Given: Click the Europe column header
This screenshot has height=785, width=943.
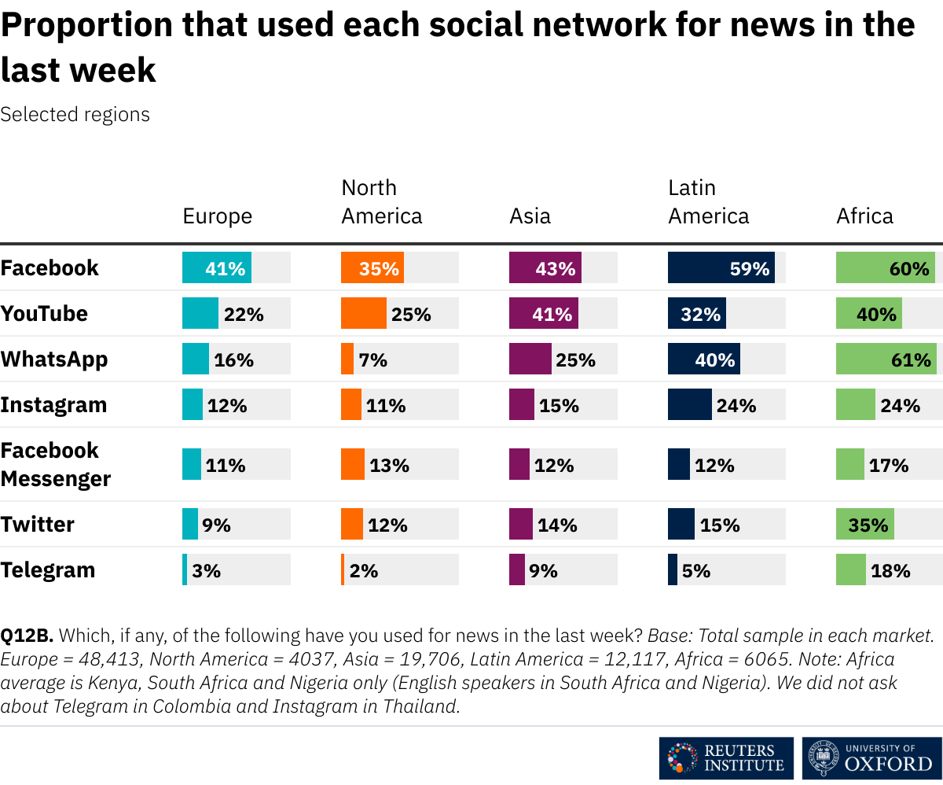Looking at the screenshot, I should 218,216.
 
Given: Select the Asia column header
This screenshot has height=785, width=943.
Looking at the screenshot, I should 530,216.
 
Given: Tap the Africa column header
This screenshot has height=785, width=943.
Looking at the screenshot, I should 864,216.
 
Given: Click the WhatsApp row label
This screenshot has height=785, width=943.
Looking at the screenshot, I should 54,359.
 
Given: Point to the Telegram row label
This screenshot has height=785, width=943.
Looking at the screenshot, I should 48,570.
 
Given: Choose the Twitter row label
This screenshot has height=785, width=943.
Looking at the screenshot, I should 38,525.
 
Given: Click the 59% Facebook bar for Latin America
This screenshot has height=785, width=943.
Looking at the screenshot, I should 721,268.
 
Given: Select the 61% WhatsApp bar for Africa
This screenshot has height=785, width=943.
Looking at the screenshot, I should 886,359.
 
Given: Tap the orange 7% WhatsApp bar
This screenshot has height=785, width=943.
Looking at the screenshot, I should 347,359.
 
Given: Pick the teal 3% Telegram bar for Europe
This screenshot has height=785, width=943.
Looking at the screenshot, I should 185,570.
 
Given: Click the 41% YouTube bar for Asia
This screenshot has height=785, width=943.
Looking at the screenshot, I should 543,314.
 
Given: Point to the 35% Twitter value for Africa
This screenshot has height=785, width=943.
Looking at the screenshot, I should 868,525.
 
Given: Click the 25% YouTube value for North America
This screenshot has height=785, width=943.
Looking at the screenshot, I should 412,315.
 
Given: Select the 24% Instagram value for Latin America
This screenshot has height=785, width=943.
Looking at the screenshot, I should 736,406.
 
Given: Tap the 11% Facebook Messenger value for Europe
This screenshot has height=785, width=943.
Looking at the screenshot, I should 226,466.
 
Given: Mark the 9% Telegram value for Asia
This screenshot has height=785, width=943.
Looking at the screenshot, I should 544,571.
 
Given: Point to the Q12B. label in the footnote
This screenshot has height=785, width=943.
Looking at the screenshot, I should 27,636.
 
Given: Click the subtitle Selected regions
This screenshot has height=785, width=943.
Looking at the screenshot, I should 75,115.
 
